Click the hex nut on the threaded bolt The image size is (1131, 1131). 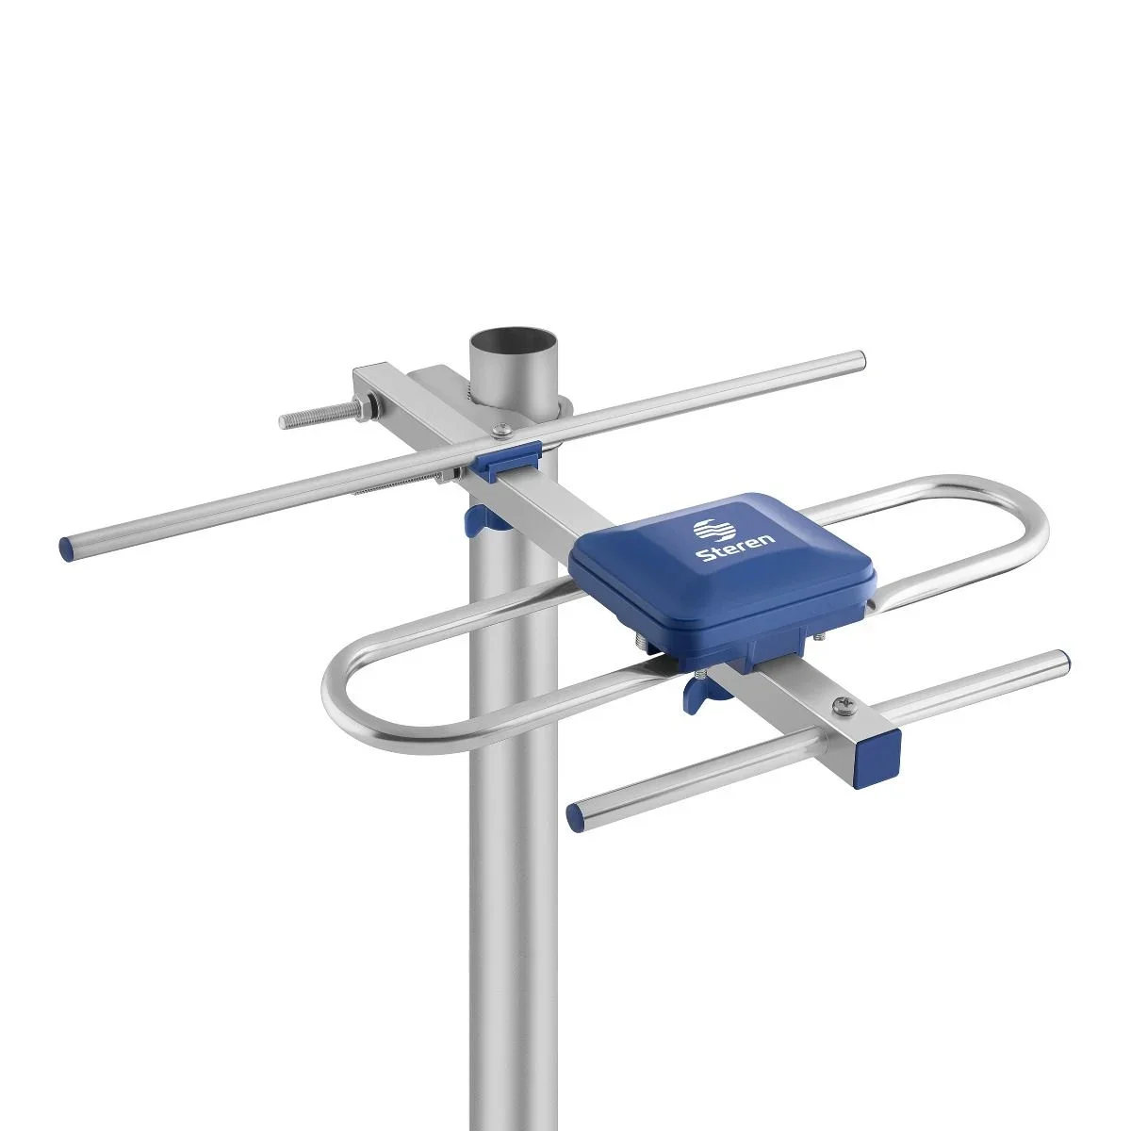tap(361, 407)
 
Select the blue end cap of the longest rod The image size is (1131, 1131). tap(67, 547)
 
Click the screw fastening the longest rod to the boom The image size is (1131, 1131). tap(500, 432)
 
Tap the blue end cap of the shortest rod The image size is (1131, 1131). tap(577, 815)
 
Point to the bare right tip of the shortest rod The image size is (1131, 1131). tap(1061, 658)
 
